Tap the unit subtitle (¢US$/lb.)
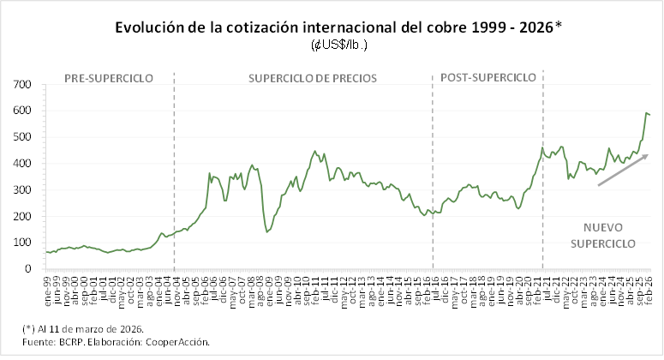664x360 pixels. [x=338, y=44]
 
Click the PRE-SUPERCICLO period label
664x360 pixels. [x=109, y=78]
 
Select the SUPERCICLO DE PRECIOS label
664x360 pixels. [x=312, y=78]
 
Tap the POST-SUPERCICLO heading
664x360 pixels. [x=488, y=78]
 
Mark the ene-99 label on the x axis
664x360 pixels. [x=49, y=285]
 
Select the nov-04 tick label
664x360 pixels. [x=176, y=285]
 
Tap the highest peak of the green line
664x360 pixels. [x=645, y=112]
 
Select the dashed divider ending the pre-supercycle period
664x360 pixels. [x=174, y=171]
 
